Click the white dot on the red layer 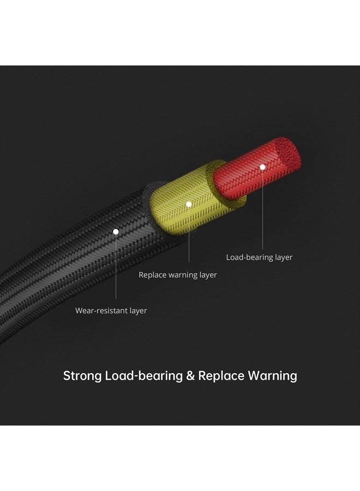262,166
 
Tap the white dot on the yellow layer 189,204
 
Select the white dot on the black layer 116,231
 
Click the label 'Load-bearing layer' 259,257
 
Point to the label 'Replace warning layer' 178,275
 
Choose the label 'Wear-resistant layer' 111,310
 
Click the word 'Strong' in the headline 82,376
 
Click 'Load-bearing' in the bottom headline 144,376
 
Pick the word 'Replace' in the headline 221,376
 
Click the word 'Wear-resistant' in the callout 101,310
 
